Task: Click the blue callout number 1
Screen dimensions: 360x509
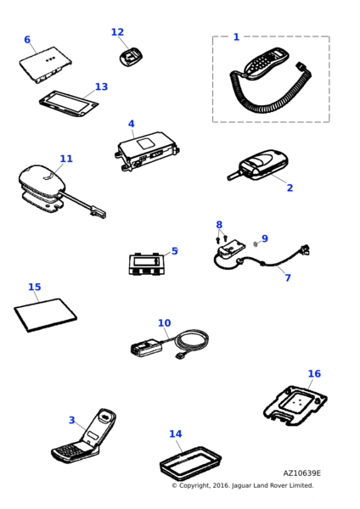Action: coord(236,37)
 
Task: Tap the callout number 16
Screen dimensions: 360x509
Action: coord(314,373)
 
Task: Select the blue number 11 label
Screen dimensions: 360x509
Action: coord(66,159)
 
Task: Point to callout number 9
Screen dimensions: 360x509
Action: coord(265,238)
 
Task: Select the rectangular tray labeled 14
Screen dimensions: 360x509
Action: coord(191,462)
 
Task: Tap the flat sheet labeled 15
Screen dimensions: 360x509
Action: coord(46,315)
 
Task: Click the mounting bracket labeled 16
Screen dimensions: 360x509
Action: coord(295,405)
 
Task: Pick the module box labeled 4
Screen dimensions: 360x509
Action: coord(148,151)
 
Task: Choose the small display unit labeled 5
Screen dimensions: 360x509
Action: coord(147,264)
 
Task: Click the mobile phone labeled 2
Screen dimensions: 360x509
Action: coord(258,165)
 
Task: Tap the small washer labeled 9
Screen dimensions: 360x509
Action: coord(255,243)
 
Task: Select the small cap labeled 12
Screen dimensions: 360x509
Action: coord(131,58)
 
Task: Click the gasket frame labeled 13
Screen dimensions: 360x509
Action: coord(69,103)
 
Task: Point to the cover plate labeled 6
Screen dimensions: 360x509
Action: coord(46,64)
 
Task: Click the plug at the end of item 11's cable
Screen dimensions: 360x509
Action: coord(99,212)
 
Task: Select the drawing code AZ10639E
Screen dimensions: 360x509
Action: coord(302,473)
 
